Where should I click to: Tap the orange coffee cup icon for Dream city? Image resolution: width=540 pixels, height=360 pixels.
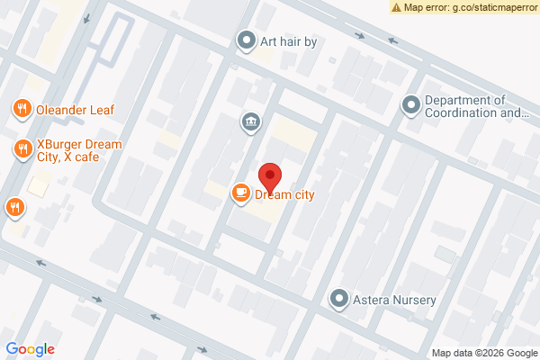[239, 192]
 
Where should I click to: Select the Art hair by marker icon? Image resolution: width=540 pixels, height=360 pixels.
[246, 40]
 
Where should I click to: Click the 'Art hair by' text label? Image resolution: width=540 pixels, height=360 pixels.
[289, 40]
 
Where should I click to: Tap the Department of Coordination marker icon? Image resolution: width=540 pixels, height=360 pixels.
[411, 106]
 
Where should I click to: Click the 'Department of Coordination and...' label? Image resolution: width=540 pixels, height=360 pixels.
[477, 106]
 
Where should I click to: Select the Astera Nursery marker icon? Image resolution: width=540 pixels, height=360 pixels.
[339, 299]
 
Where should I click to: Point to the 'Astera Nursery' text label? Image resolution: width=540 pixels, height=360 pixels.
[394, 300]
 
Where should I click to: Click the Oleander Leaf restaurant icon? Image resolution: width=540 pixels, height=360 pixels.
[21, 110]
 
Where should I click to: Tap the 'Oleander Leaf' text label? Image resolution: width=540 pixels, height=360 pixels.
[75, 110]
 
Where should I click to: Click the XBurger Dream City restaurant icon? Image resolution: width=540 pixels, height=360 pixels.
[21, 149]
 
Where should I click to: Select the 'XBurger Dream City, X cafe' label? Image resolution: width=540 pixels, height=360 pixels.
[79, 150]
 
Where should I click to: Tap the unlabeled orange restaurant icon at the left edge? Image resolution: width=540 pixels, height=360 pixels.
[13, 208]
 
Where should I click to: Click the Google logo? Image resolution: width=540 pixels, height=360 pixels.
[30, 349]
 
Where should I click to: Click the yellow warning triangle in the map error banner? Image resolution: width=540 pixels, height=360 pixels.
[397, 7]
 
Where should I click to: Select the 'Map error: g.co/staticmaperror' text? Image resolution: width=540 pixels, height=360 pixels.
[470, 7]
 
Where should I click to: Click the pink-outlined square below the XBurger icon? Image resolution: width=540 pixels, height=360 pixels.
[37, 186]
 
